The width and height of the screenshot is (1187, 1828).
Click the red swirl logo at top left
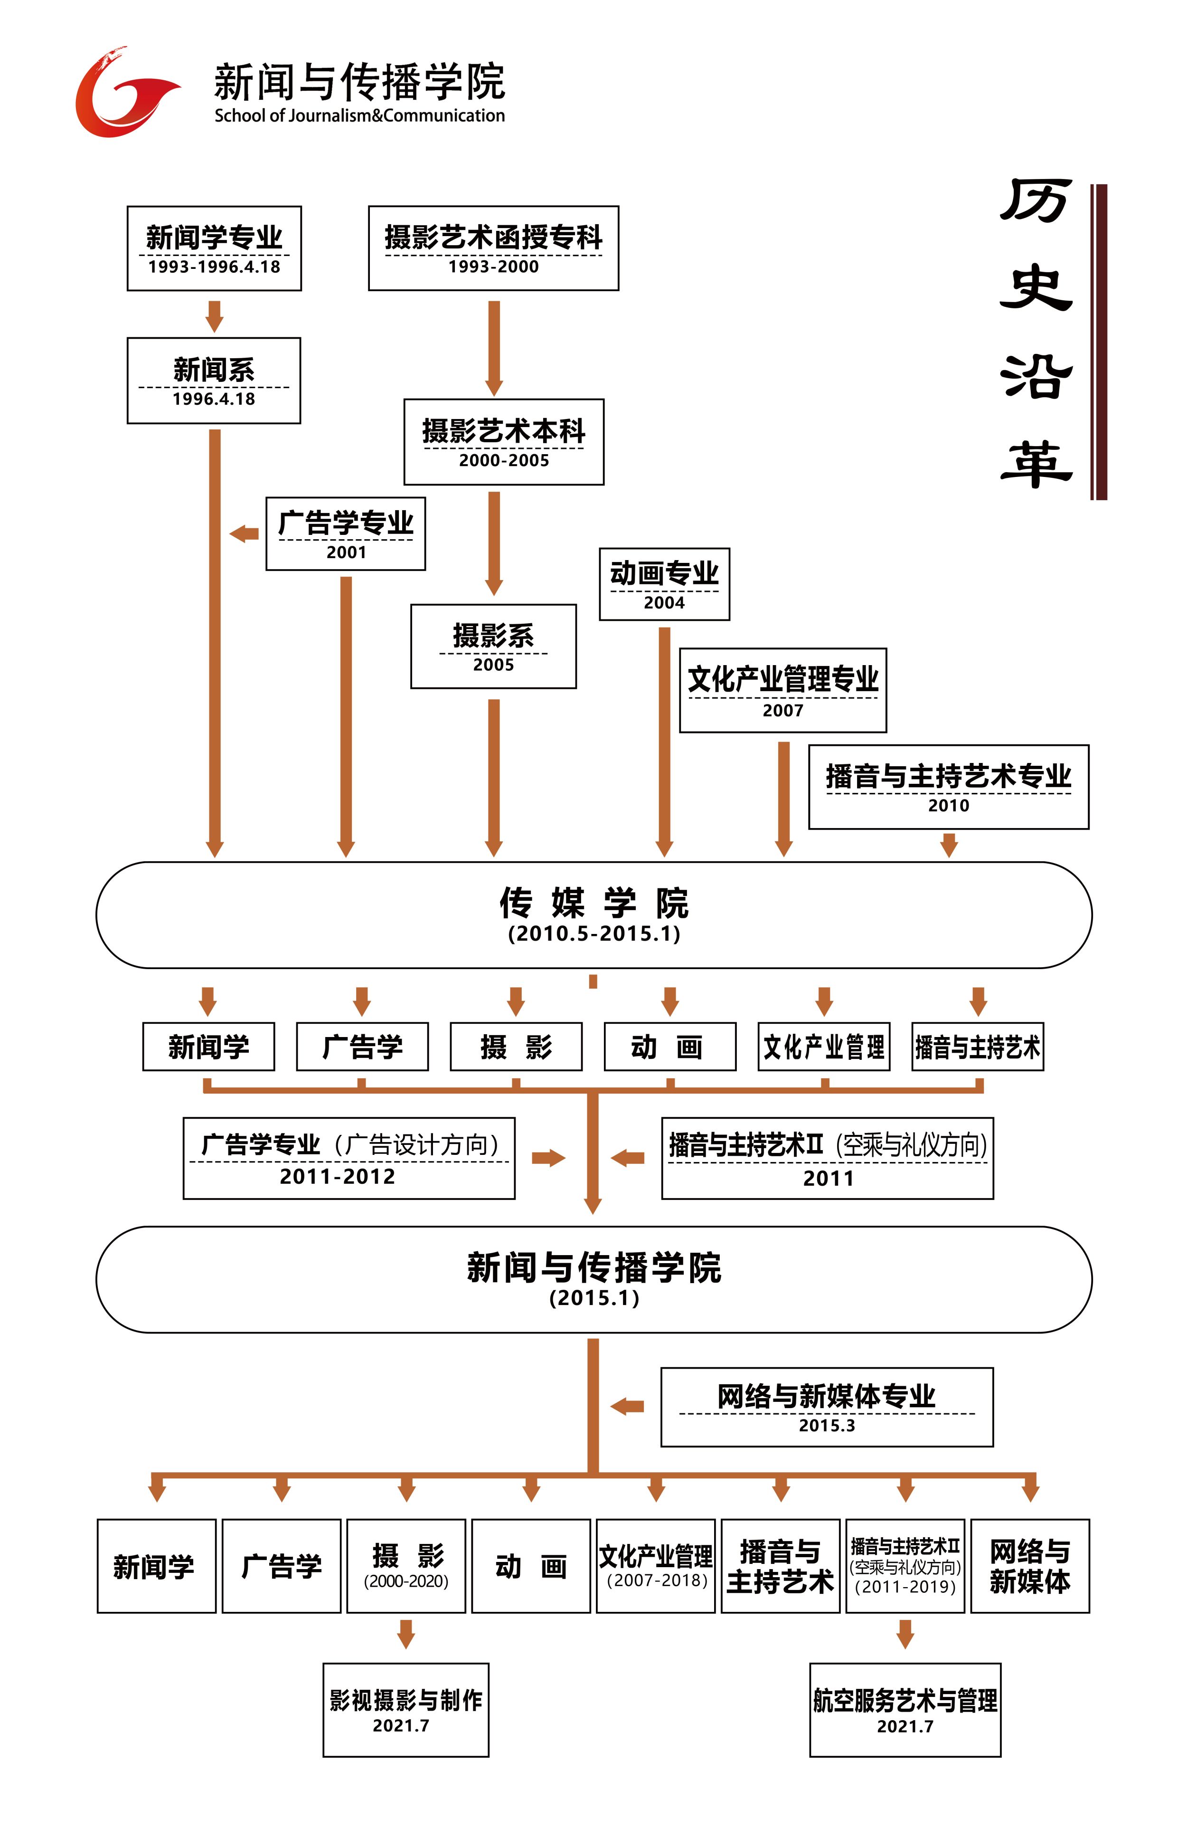pos(123,94)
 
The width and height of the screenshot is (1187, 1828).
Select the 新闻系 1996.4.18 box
pos(214,380)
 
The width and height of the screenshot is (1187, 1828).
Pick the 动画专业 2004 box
pos(664,584)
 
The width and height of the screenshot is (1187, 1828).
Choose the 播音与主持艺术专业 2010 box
pos(948,787)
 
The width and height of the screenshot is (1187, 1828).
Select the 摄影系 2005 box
pos(493,646)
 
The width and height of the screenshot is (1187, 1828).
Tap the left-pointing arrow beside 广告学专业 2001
pos(244,533)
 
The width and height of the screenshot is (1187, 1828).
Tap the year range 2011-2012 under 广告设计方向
pos(337,1176)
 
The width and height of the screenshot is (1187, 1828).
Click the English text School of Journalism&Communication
pos(359,116)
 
